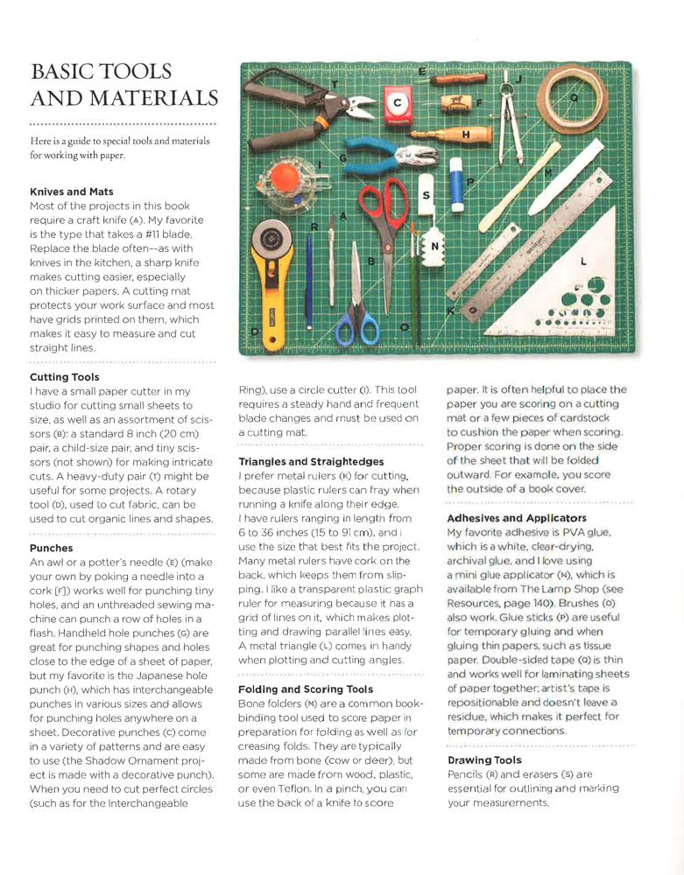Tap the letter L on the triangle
[584, 261]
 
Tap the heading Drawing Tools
[484, 760]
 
